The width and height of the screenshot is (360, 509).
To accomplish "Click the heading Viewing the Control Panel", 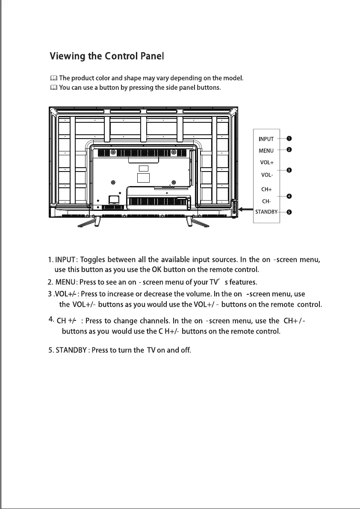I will [x=107, y=56].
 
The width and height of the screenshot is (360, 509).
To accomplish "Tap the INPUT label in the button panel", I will [x=266, y=139].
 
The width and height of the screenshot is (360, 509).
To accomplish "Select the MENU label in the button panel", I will [x=266, y=151].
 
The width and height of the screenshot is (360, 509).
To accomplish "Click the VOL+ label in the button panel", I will [x=267, y=163].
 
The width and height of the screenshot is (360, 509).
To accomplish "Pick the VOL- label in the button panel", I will [x=267, y=175].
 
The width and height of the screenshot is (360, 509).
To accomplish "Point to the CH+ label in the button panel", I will [x=267, y=189].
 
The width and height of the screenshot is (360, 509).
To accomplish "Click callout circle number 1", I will [x=289, y=138].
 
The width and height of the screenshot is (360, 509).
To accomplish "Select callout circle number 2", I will [x=289, y=150].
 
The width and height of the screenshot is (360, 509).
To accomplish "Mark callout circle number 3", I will [x=289, y=170].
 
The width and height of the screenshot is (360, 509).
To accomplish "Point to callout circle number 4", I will [x=289, y=196].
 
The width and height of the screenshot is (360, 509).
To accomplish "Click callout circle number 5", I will [x=289, y=212].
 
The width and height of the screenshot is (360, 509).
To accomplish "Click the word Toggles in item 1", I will [x=93, y=260].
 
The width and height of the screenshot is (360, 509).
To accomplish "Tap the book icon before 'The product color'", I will [x=53, y=78].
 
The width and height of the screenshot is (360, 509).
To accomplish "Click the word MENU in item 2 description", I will [x=65, y=282].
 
